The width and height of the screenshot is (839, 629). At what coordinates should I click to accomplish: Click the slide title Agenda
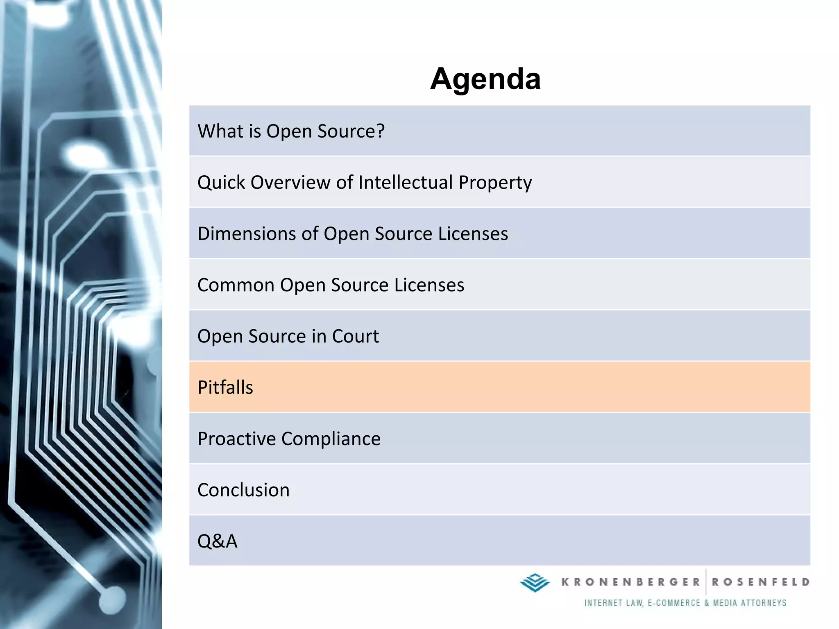(485, 79)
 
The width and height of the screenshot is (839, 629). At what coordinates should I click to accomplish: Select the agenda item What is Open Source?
(291, 131)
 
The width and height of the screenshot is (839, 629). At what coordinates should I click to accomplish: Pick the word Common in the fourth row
(236, 285)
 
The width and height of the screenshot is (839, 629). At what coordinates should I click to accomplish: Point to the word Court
(355, 336)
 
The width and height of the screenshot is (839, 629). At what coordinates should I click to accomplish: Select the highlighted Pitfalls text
(225, 387)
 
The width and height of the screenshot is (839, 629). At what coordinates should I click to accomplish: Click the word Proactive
(237, 439)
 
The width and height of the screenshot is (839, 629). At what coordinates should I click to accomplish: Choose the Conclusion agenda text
(243, 490)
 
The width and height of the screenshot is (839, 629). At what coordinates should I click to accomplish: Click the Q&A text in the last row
(217, 541)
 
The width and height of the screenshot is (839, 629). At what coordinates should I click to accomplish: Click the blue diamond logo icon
(535, 582)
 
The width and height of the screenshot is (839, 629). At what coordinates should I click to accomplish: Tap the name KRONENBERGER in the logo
(631, 582)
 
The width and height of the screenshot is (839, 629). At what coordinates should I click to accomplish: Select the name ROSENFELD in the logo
(760, 582)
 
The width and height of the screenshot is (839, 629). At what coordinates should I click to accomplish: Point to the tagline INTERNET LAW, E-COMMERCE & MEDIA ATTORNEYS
(685, 603)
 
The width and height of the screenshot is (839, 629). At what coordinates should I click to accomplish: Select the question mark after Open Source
(380, 131)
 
